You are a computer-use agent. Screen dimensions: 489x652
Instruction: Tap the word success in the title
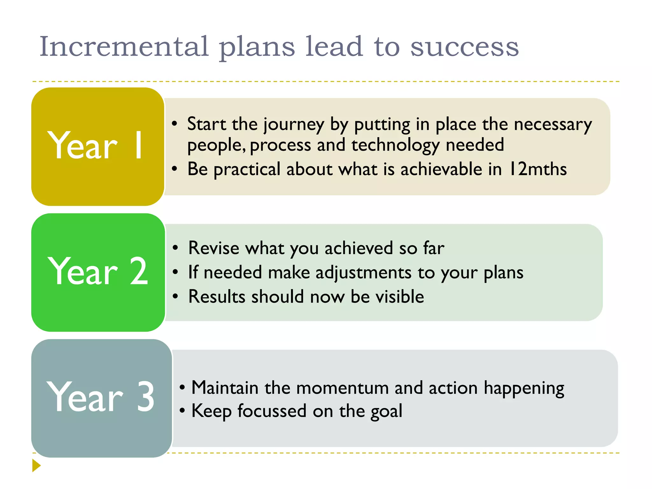(464, 47)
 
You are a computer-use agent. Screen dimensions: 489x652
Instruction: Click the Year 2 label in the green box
(98, 272)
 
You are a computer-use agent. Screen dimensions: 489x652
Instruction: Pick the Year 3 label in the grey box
(100, 397)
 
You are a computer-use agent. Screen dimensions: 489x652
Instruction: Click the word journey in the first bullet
(294, 125)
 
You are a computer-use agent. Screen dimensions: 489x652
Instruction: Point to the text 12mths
(538, 169)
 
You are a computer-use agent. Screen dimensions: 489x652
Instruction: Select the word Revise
(213, 248)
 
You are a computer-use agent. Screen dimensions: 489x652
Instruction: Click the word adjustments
(363, 273)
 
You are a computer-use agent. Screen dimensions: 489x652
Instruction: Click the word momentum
(342, 388)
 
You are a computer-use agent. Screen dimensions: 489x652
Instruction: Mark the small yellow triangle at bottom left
(36, 465)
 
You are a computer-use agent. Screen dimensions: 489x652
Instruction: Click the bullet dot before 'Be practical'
(174, 169)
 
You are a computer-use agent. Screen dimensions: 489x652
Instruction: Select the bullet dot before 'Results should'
(175, 296)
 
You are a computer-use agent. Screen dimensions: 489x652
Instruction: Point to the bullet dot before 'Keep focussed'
(182, 411)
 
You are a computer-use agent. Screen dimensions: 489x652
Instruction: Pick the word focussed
(272, 411)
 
